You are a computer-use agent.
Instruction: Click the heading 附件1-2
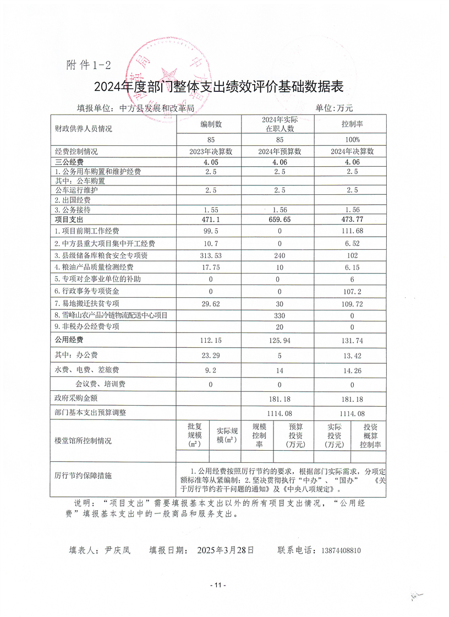(88, 65)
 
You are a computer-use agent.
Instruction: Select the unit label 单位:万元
(334, 108)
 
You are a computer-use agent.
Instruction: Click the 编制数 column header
(211, 125)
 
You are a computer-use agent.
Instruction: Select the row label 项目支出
(69, 219)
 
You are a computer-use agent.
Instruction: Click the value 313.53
(211, 255)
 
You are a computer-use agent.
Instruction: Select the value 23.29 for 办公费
(211, 356)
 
